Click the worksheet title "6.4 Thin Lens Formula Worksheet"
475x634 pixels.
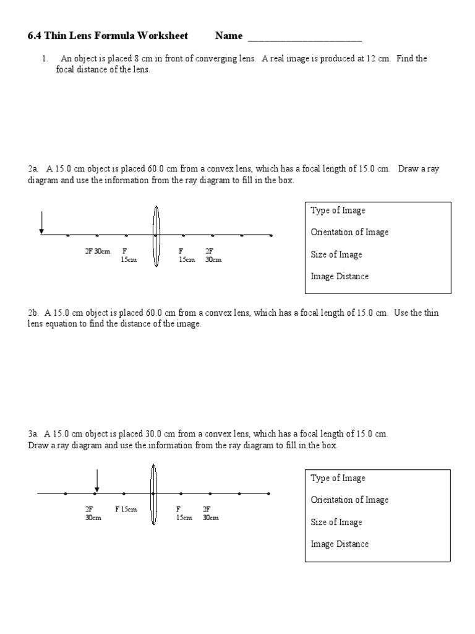108,36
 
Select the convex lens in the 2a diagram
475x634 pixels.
156,235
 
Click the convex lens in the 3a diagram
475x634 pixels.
153,493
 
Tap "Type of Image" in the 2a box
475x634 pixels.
338,211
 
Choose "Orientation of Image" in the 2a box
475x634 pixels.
349,232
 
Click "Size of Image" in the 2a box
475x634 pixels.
336,254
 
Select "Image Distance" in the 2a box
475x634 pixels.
340,277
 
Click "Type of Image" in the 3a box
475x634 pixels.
338,478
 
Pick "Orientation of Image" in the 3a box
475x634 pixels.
349,500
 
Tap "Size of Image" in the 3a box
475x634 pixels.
336,522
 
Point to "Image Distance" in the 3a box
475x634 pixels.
340,544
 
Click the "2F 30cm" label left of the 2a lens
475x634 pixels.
97,251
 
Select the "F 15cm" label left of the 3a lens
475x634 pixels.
126,510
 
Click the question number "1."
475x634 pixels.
45,59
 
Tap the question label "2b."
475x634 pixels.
33,313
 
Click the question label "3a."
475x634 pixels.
33,435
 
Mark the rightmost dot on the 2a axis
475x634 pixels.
271,235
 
